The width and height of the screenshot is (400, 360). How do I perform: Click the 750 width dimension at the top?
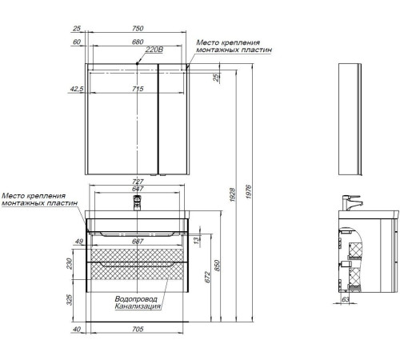click(138, 28)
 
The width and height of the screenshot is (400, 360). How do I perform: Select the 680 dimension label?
click(138, 42)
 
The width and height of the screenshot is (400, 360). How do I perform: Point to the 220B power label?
click(154, 50)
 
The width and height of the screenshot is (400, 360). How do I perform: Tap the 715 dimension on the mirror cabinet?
click(138, 89)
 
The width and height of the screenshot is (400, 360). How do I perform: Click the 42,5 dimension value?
click(77, 89)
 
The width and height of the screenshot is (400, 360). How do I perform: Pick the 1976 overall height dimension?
click(248, 192)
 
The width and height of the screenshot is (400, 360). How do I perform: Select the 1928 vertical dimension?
click(233, 194)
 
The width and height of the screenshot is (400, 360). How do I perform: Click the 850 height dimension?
click(218, 266)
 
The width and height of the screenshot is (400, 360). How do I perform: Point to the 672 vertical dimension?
click(208, 278)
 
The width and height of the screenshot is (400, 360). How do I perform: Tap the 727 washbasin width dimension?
click(138, 182)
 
